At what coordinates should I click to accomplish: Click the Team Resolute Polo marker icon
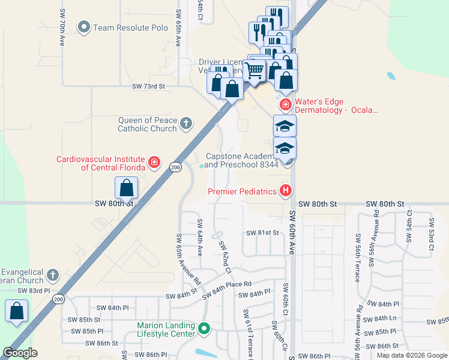click(x=84, y=27)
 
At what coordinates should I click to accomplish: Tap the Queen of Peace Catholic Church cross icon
click(x=186, y=124)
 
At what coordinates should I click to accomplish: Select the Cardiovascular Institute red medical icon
click(x=154, y=162)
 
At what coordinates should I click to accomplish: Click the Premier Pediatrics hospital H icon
click(x=286, y=191)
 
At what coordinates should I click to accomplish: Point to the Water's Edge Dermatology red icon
click(x=286, y=105)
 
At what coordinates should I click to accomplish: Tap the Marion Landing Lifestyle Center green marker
click(x=204, y=329)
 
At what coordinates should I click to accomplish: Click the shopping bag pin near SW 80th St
click(x=127, y=188)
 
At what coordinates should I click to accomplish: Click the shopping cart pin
click(x=255, y=70)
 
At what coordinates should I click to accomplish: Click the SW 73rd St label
click(x=148, y=86)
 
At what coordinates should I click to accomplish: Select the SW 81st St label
click(x=263, y=232)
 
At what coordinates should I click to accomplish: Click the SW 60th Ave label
click(x=292, y=233)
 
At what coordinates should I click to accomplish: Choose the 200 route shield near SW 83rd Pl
click(x=58, y=299)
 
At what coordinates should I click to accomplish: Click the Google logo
click(x=20, y=353)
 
